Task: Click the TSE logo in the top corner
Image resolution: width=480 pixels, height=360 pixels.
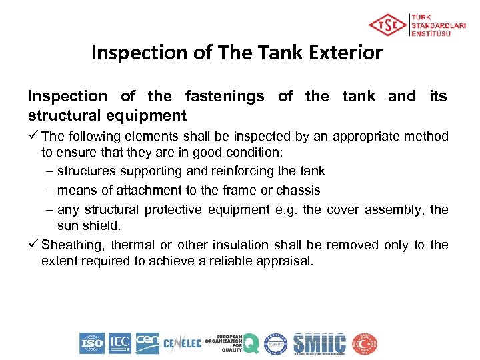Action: pos(387,25)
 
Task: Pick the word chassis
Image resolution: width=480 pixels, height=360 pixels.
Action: pos(299,191)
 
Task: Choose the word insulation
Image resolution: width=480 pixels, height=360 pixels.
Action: pos(262,245)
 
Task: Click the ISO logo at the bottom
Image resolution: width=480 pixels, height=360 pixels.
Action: pos(92,343)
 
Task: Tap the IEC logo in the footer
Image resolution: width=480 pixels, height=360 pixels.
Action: pos(120,343)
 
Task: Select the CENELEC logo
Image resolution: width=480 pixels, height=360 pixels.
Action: pos(182,344)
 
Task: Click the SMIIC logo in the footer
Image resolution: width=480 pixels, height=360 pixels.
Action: pos(320,343)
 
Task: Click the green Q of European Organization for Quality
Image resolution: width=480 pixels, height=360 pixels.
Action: pos(250,343)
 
